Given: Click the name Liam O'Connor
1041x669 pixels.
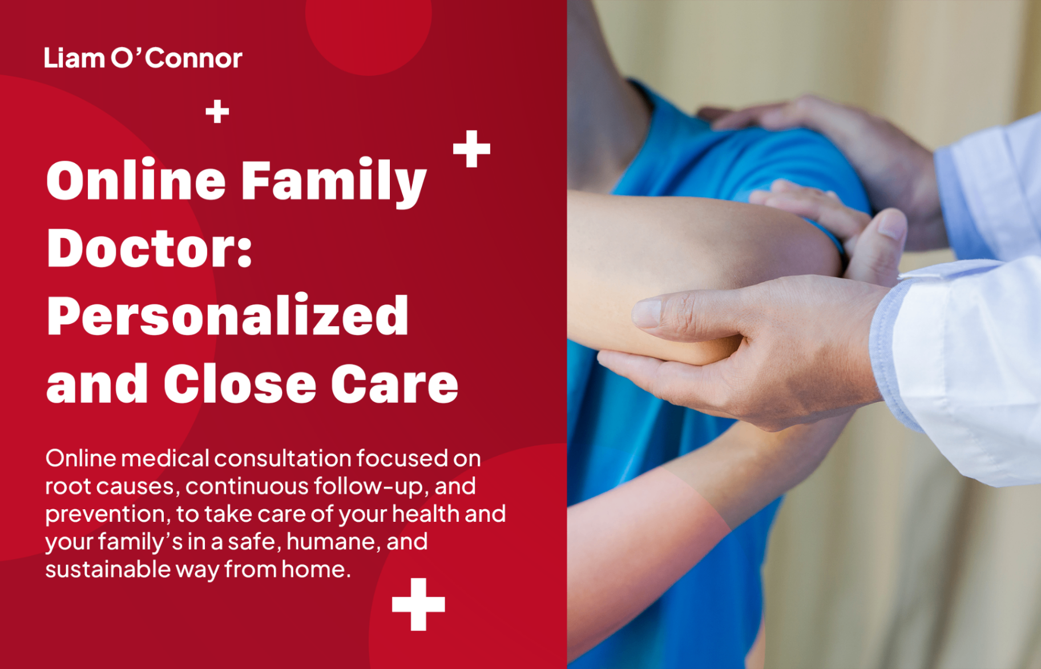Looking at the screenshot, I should [x=143, y=58].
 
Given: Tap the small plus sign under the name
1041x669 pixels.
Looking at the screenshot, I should [x=217, y=111].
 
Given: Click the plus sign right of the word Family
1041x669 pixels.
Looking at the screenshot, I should [x=471, y=149].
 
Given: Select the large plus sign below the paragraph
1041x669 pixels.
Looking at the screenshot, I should [x=418, y=605].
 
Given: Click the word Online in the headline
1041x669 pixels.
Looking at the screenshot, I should [x=136, y=180].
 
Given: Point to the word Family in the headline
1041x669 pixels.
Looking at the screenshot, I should [x=333, y=181].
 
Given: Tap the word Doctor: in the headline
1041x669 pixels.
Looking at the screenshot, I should [x=150, y=249].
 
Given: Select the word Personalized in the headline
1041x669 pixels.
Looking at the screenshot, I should [x=228, y=316].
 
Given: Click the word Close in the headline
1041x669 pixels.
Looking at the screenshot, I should [x=240, y=384].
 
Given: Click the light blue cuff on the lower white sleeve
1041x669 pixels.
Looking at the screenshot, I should [x=893, y=354].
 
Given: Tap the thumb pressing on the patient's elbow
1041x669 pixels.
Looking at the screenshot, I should [x=882, y=240].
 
